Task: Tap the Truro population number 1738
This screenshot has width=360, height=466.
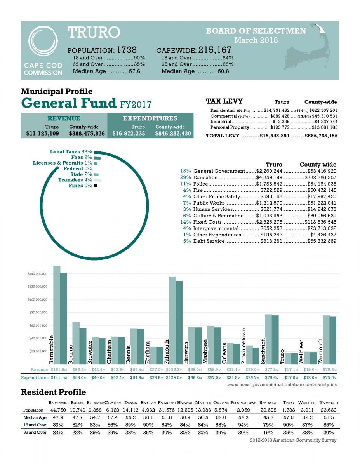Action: (127, 50)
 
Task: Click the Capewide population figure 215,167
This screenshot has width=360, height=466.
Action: (215, 50)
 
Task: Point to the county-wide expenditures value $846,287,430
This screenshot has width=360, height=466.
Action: (173, 134)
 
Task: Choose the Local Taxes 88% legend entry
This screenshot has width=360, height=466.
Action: (71, 151)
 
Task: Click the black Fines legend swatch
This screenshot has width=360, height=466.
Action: (95, 186)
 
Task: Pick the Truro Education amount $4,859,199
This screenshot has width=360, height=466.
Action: (269, 177)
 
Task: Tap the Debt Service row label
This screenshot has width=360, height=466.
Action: (209, 241)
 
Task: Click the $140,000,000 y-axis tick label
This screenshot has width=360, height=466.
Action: (38, 274)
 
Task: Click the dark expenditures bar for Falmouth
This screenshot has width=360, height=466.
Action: (179, 322)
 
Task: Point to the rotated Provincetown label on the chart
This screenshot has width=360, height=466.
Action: (244, 345)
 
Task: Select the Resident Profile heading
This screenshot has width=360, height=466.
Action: (54, 392)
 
